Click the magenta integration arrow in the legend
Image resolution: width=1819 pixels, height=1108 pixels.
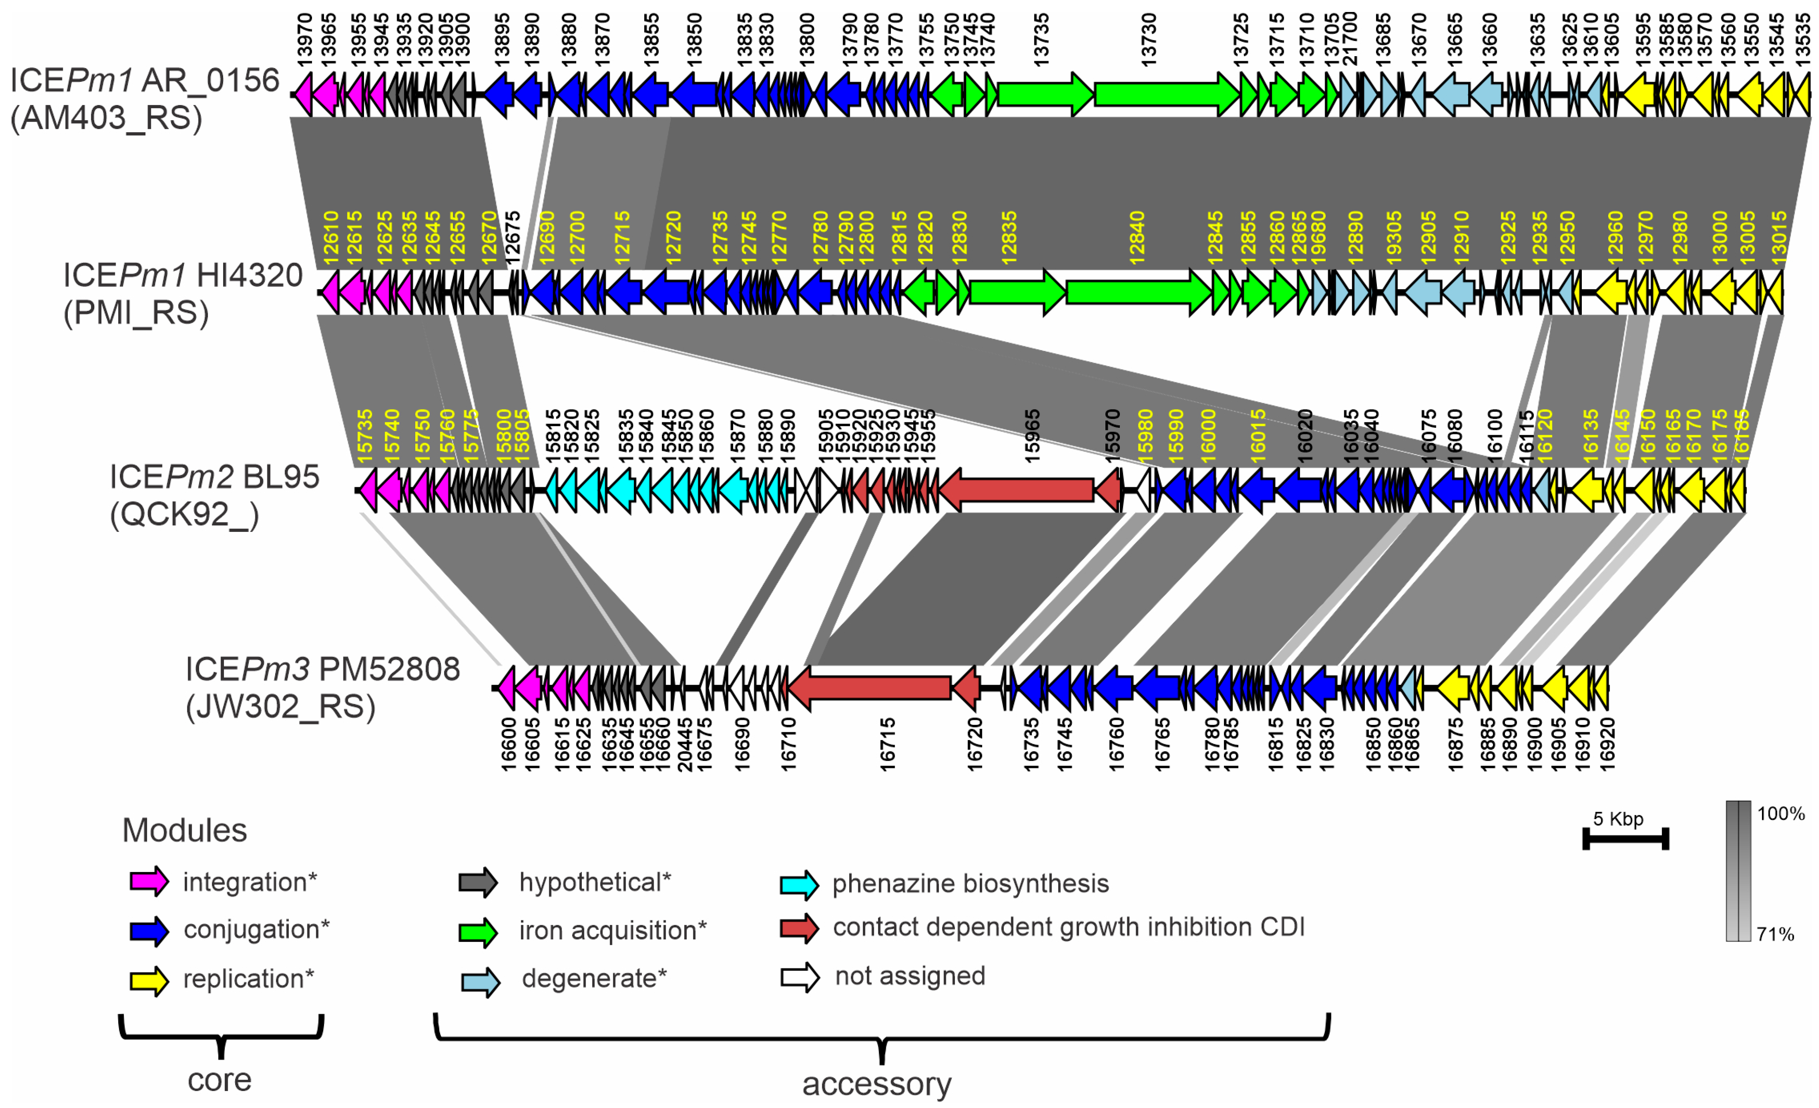(x=149, y=882)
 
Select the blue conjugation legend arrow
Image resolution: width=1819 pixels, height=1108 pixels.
(x=149, y=930)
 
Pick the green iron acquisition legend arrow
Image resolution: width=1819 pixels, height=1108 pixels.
(x=479, y=930)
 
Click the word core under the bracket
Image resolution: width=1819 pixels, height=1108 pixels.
(x=219, y=1080)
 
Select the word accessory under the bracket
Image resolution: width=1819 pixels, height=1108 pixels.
(x=877, y=1084)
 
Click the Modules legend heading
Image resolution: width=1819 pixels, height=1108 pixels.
(x=185, y=830)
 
